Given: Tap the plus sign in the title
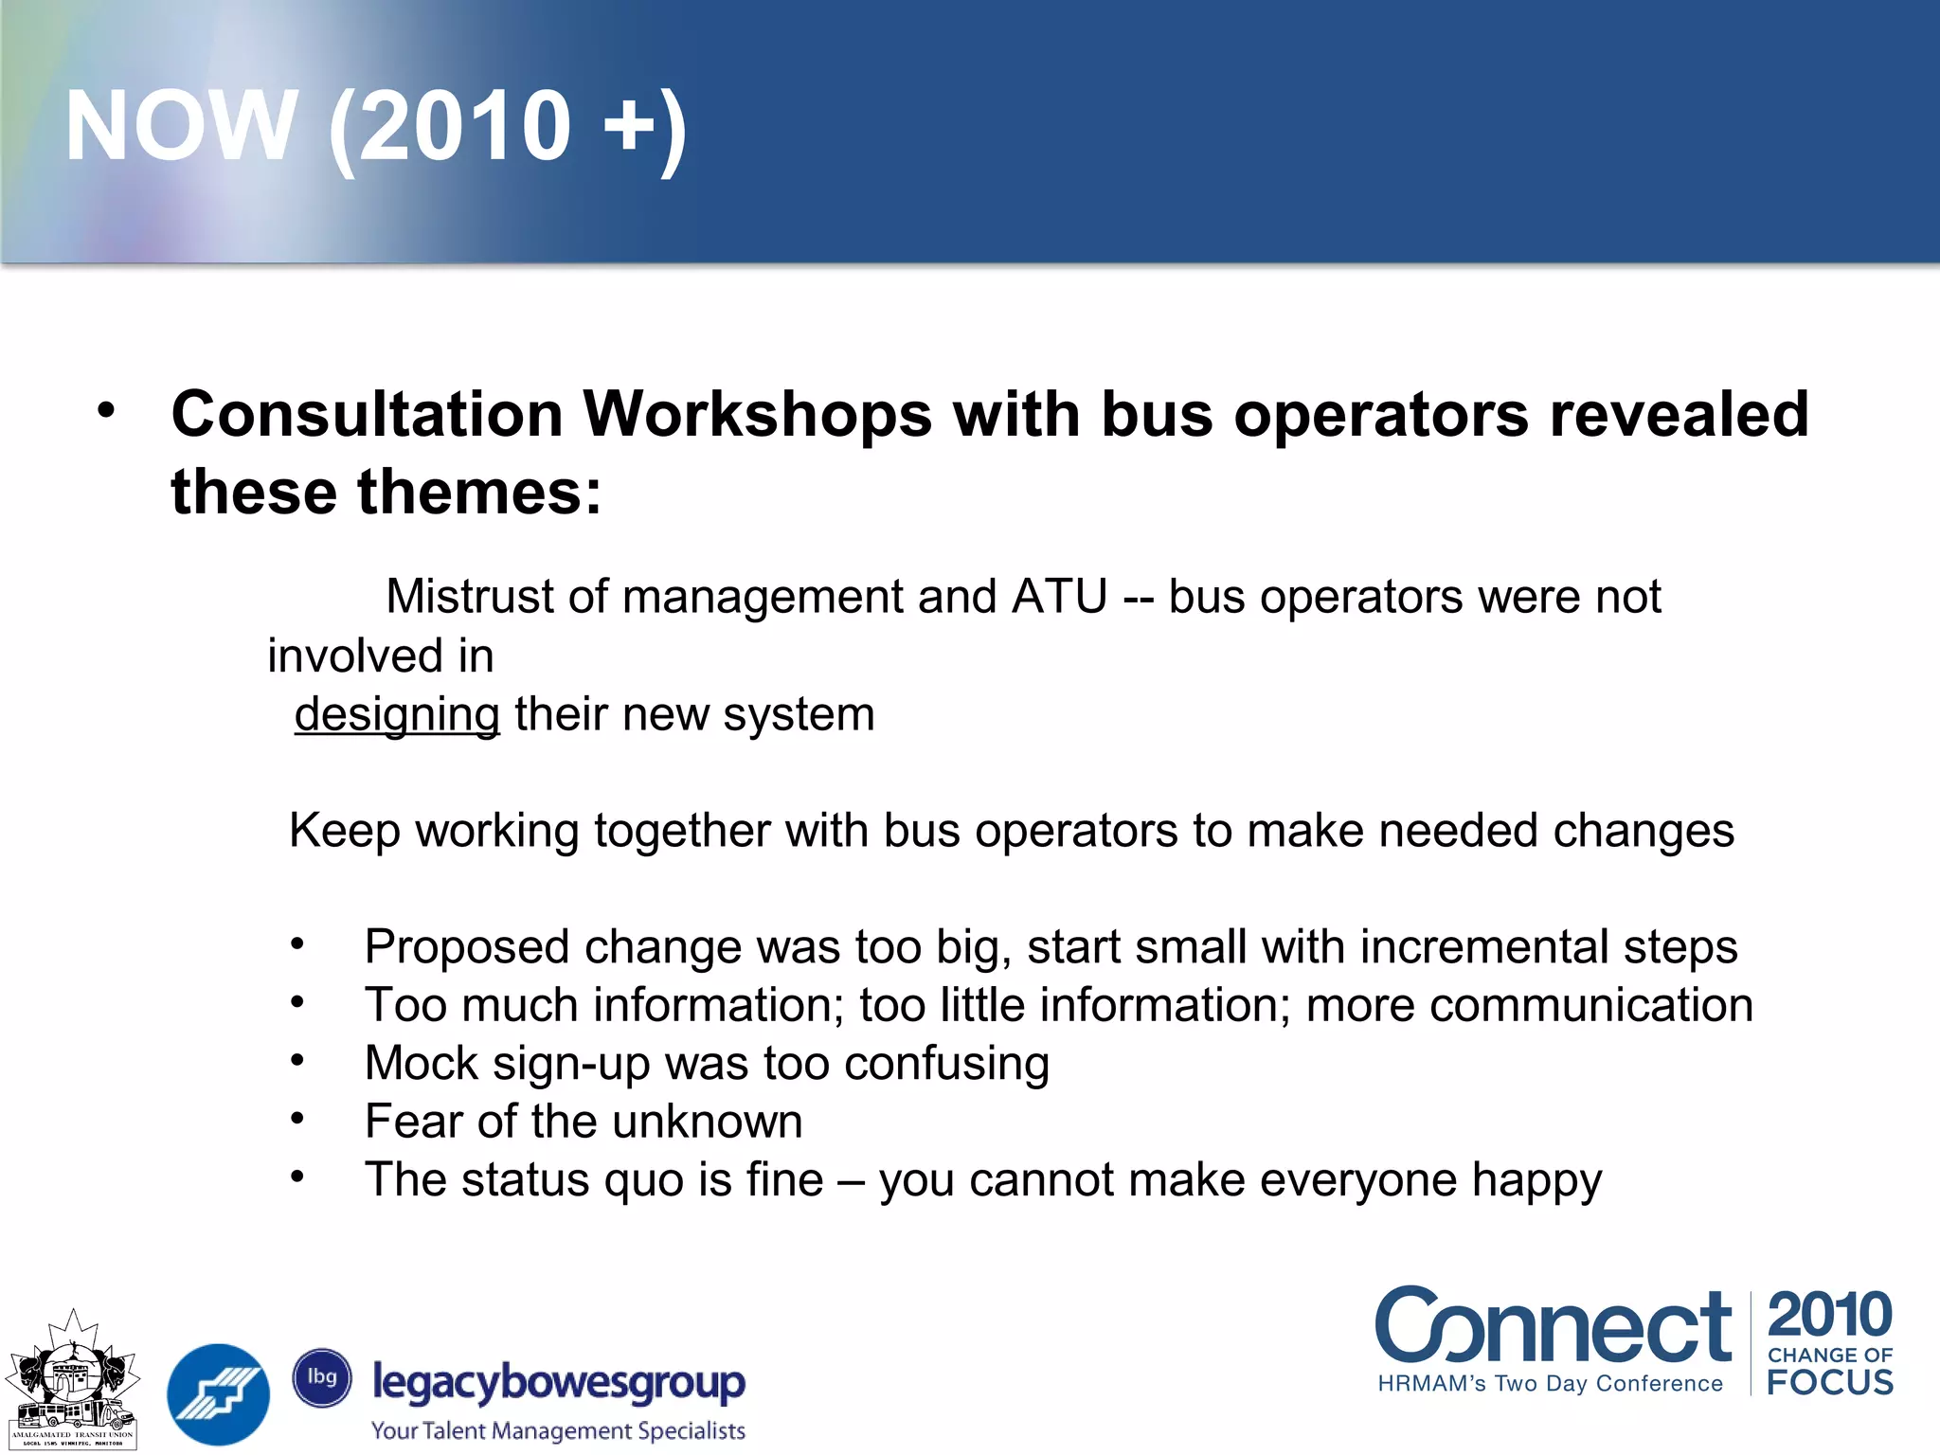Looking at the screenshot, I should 629,128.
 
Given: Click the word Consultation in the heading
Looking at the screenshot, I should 368,415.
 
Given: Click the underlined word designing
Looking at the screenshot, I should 396,715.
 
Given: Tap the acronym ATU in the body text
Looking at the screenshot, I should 1059,598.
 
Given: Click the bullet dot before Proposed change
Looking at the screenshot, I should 297,943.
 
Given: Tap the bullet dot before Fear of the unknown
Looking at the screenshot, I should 297,1120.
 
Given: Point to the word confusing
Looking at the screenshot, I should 946,1064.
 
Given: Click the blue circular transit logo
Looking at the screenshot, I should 218,1394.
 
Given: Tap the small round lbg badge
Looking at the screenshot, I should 322,1377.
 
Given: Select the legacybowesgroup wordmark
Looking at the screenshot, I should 559,1382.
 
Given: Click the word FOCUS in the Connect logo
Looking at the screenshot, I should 1829,1382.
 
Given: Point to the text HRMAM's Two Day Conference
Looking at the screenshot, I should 1550,1383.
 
